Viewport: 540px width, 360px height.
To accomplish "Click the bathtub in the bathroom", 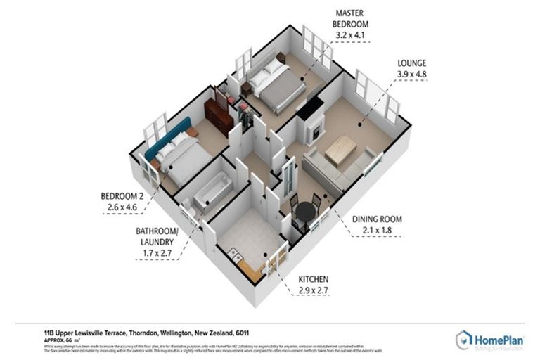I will click(x=210, y=187).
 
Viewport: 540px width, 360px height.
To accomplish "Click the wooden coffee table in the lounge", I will click(x=341, y=150).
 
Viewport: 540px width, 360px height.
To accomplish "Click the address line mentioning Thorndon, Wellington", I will click(x=151, y=332).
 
